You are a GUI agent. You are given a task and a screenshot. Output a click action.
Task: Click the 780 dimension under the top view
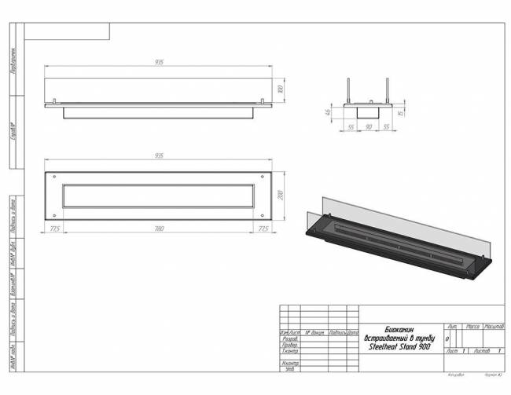159,229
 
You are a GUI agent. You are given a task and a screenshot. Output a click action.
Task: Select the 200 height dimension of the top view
279,193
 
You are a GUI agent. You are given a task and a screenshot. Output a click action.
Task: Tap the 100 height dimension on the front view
279,90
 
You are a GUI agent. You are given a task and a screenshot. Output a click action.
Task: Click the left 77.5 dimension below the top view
55,229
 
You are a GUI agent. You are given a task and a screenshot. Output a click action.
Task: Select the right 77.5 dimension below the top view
263,229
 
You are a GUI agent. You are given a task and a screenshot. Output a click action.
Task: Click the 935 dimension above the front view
159,64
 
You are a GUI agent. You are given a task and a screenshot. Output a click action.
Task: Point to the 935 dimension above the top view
159,155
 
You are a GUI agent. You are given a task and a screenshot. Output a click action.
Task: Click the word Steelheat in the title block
384,346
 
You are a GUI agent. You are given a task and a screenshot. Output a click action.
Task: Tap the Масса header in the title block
474,325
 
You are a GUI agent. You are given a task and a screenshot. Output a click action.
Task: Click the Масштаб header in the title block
494,325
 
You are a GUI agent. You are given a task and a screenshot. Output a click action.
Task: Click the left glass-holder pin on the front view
54,100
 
